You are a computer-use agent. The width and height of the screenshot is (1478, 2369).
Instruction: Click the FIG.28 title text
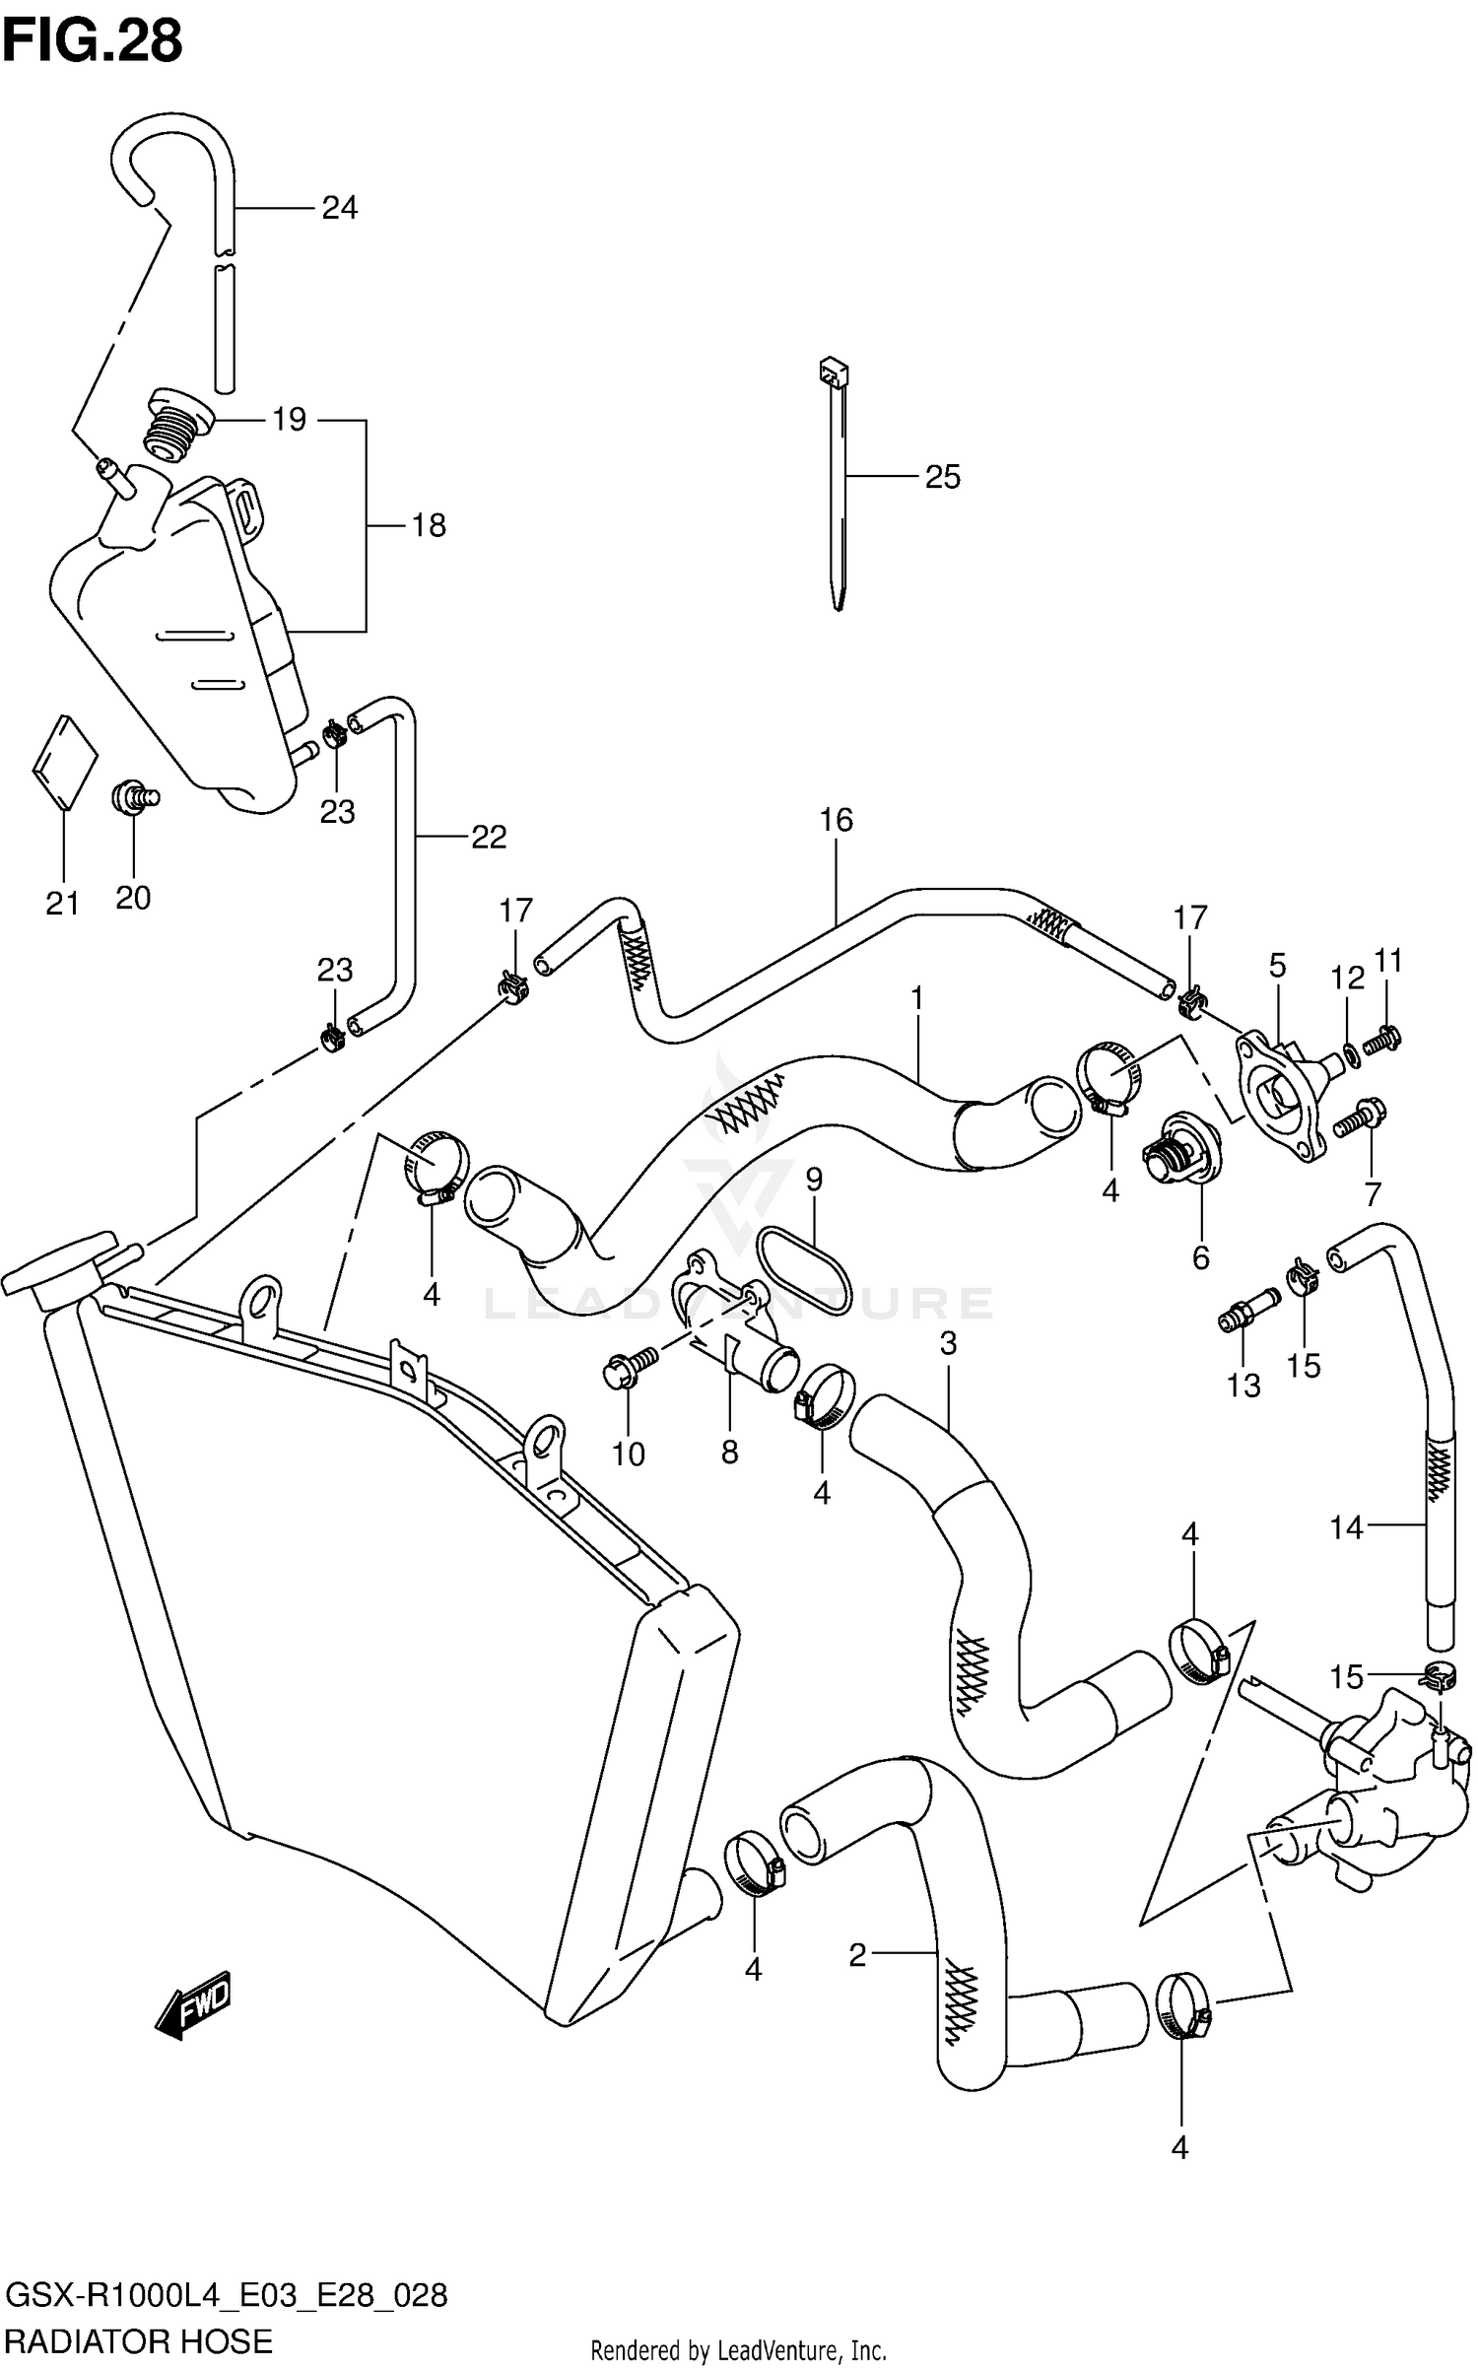click(x=93, y=41)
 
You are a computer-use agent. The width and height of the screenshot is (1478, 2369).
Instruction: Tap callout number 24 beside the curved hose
click(x=339, y=208)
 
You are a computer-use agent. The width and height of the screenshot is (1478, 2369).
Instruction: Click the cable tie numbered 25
click(x=837, y=483)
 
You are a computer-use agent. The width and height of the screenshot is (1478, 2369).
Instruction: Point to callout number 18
click(x=429, y=526)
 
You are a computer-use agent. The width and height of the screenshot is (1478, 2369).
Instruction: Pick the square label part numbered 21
click(x=65, y=762)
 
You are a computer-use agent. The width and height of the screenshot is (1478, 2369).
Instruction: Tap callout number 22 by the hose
click(x=488, y=838)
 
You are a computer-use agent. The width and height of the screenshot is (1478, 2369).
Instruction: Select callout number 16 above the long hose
click(x=836, y=820)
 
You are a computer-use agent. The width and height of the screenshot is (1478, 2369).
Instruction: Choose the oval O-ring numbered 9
click(x=803, y=1270)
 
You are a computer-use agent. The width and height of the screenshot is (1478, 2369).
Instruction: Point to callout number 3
click(x=948, y=1343)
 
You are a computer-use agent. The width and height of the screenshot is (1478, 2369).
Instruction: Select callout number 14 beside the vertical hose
click(x=1346, y=1528)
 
